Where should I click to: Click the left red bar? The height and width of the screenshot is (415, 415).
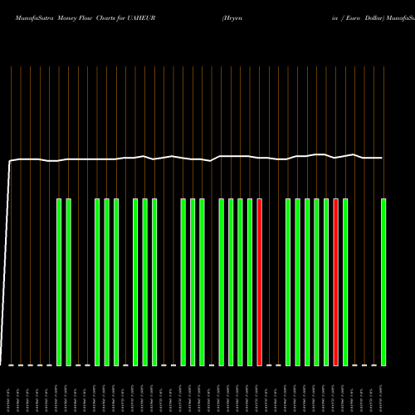[260, 281]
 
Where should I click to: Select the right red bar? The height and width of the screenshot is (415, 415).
[336, 281]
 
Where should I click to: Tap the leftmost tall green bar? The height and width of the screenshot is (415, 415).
[59, 281]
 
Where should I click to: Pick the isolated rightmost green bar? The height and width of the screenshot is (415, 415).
[383, 281]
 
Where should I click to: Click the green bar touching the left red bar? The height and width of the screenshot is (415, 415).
[250, 281]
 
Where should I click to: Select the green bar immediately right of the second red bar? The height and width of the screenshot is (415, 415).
[345, 281]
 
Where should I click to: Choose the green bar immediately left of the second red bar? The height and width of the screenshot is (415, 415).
[326, 281]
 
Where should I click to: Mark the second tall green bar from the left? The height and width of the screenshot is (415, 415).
[69, 281]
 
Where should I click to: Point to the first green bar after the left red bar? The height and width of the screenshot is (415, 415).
[288, 281]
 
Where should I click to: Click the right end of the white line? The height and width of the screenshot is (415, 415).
[383, 158]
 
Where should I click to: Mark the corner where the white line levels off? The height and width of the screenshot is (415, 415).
[10, 161]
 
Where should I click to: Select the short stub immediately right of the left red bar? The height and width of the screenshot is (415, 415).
[269, 364]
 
